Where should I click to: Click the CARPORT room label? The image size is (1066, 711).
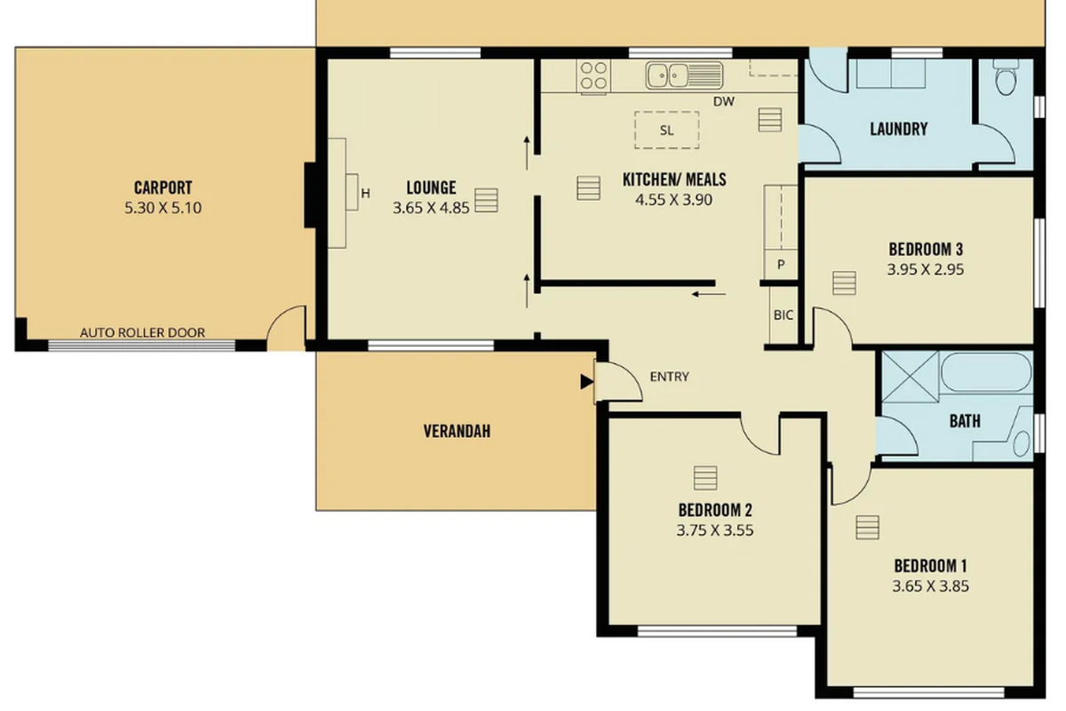pyautogui.click(x=163, y=188)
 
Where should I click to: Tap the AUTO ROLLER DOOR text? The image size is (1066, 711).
pyautogui.click(x=142, y=332)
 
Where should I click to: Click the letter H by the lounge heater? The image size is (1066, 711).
pyautogui.click(x=364, y=193)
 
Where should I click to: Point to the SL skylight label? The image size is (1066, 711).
pyautogui.click(x=666, y=131)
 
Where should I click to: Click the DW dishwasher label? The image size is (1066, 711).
pyautogui.click(x=724, y=101)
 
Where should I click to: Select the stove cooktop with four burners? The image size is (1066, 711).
pyautogui.click(x=593, y=76)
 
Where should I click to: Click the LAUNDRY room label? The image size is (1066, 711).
pyautogui.click(x=898, y=129)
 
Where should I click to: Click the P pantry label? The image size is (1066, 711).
pyautogui.click(x=782, y=264)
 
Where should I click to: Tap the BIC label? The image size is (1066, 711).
pyautogui.click(x=783, y=315)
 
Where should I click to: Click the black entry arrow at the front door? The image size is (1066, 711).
pyautogui.click(x=585, y=381)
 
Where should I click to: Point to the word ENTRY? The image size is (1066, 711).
pyautogui.click(x=669, y=376)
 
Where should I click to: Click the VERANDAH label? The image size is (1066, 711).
pyautogui.click(x=457, y=432)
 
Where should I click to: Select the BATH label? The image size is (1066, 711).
pyautogui.click(x=965, y=420)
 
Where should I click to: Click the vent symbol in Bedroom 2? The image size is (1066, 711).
pyautogui.click(x=705, y=478)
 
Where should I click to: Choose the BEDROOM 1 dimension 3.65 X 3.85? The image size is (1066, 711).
pyautogui.click(x=930, y=586)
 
